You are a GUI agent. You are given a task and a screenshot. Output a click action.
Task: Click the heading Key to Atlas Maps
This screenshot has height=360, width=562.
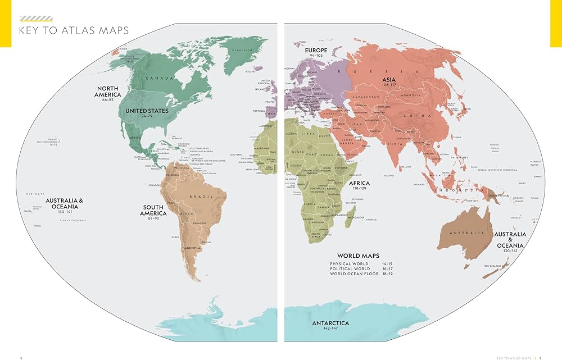tap(74, 30)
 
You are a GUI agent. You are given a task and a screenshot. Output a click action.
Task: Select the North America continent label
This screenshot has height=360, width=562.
tap(108, 92)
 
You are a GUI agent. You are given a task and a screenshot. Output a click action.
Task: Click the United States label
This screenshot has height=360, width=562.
tap(147, 111)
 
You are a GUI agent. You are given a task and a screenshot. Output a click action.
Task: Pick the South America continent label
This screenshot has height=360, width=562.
tap(152, 211)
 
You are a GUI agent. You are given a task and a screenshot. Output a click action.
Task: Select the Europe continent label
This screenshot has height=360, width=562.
tap(316, 50)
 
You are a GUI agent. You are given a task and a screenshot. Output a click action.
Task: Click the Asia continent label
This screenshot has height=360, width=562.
tap(389, 80)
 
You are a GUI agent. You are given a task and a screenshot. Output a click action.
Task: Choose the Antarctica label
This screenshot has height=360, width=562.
tap(330, 323)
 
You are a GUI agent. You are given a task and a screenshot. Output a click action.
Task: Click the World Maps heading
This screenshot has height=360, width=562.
tap(358, 256)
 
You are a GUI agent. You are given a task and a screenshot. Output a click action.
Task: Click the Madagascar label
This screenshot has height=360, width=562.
tap(355, 217)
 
